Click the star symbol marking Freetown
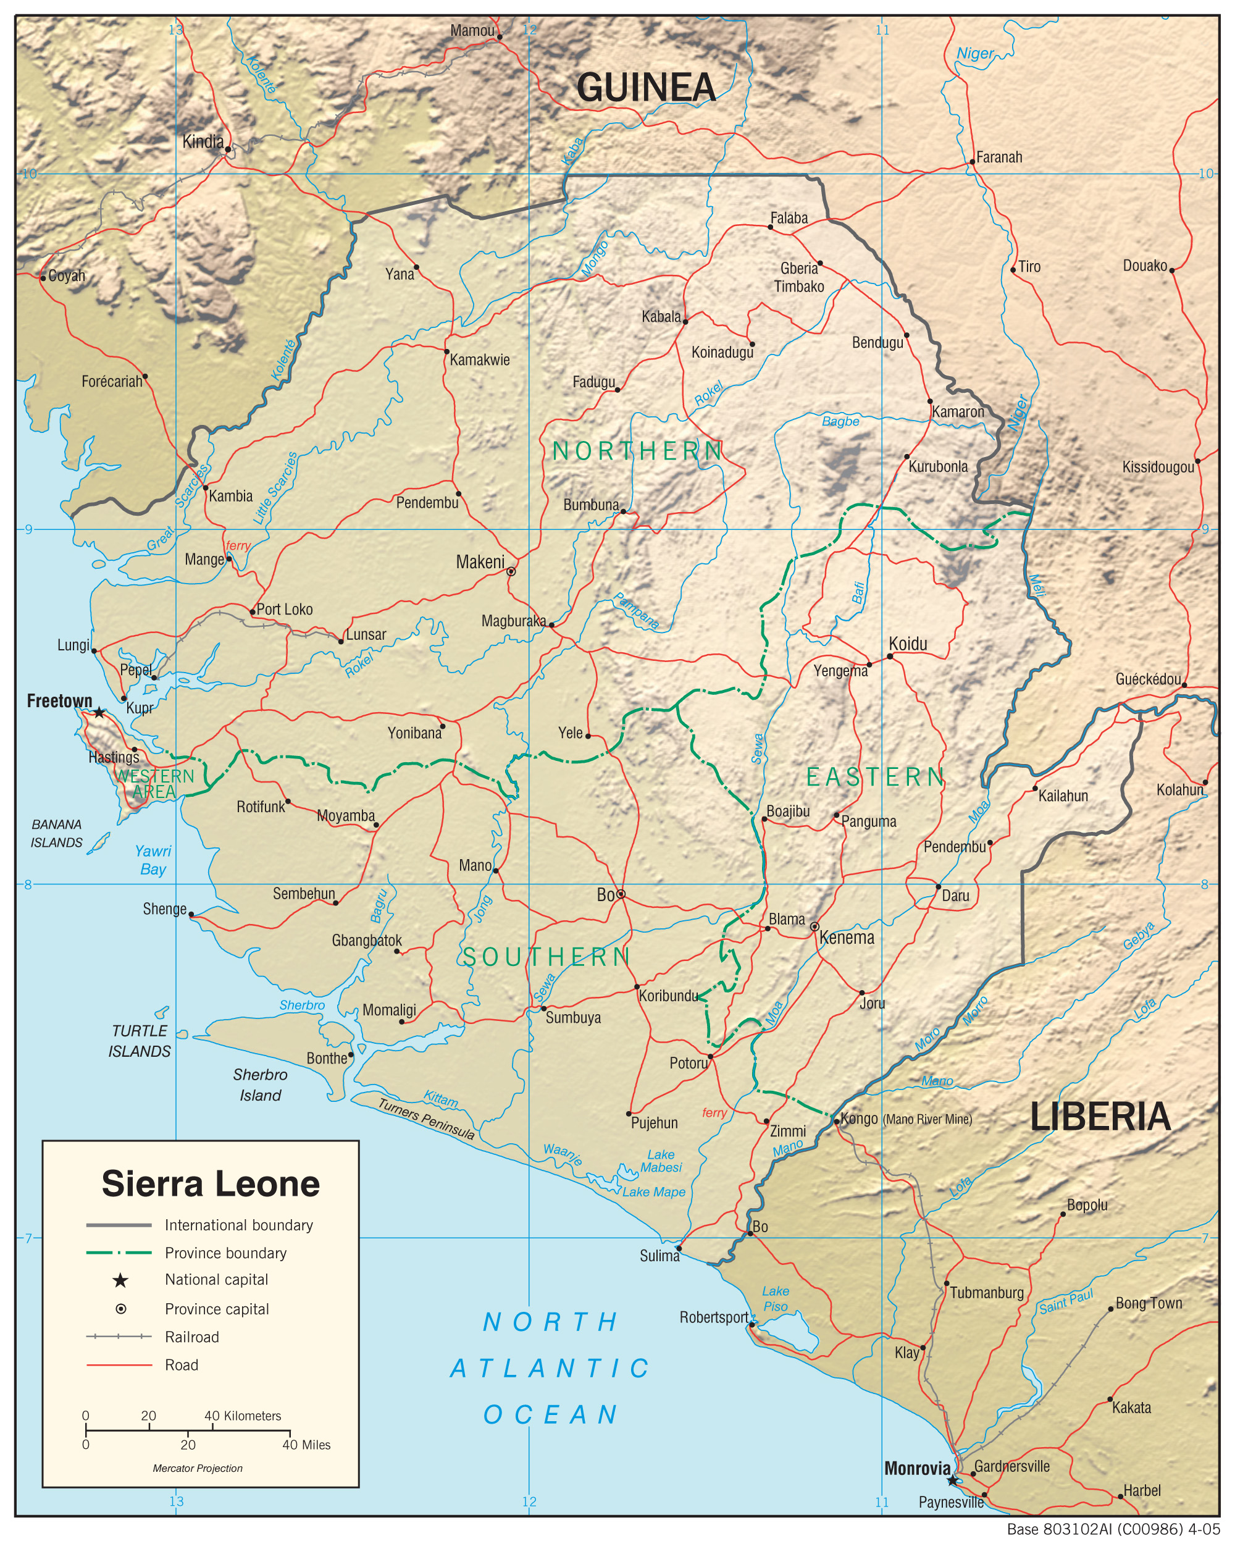tap(99, 713)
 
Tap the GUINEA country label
tap(645, 88)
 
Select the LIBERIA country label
tap(1100, 1117)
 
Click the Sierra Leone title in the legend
tap(210, 1183)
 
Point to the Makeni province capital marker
tap(511, 571)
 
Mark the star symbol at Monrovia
tap(952, 1481)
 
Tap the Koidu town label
tap(908, 644)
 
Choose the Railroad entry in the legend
tap(191, 1337)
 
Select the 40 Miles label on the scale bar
tap(307, 1445)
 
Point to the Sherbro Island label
tap(260, 1085)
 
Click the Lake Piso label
tap(776, 1299)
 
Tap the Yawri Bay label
tap(153, 860)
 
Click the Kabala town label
tap(661, 317)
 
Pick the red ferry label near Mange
tap(238, 546)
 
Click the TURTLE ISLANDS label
tap(140, 1041)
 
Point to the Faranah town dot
tap(972, 162)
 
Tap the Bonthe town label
tap(327, 1059)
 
